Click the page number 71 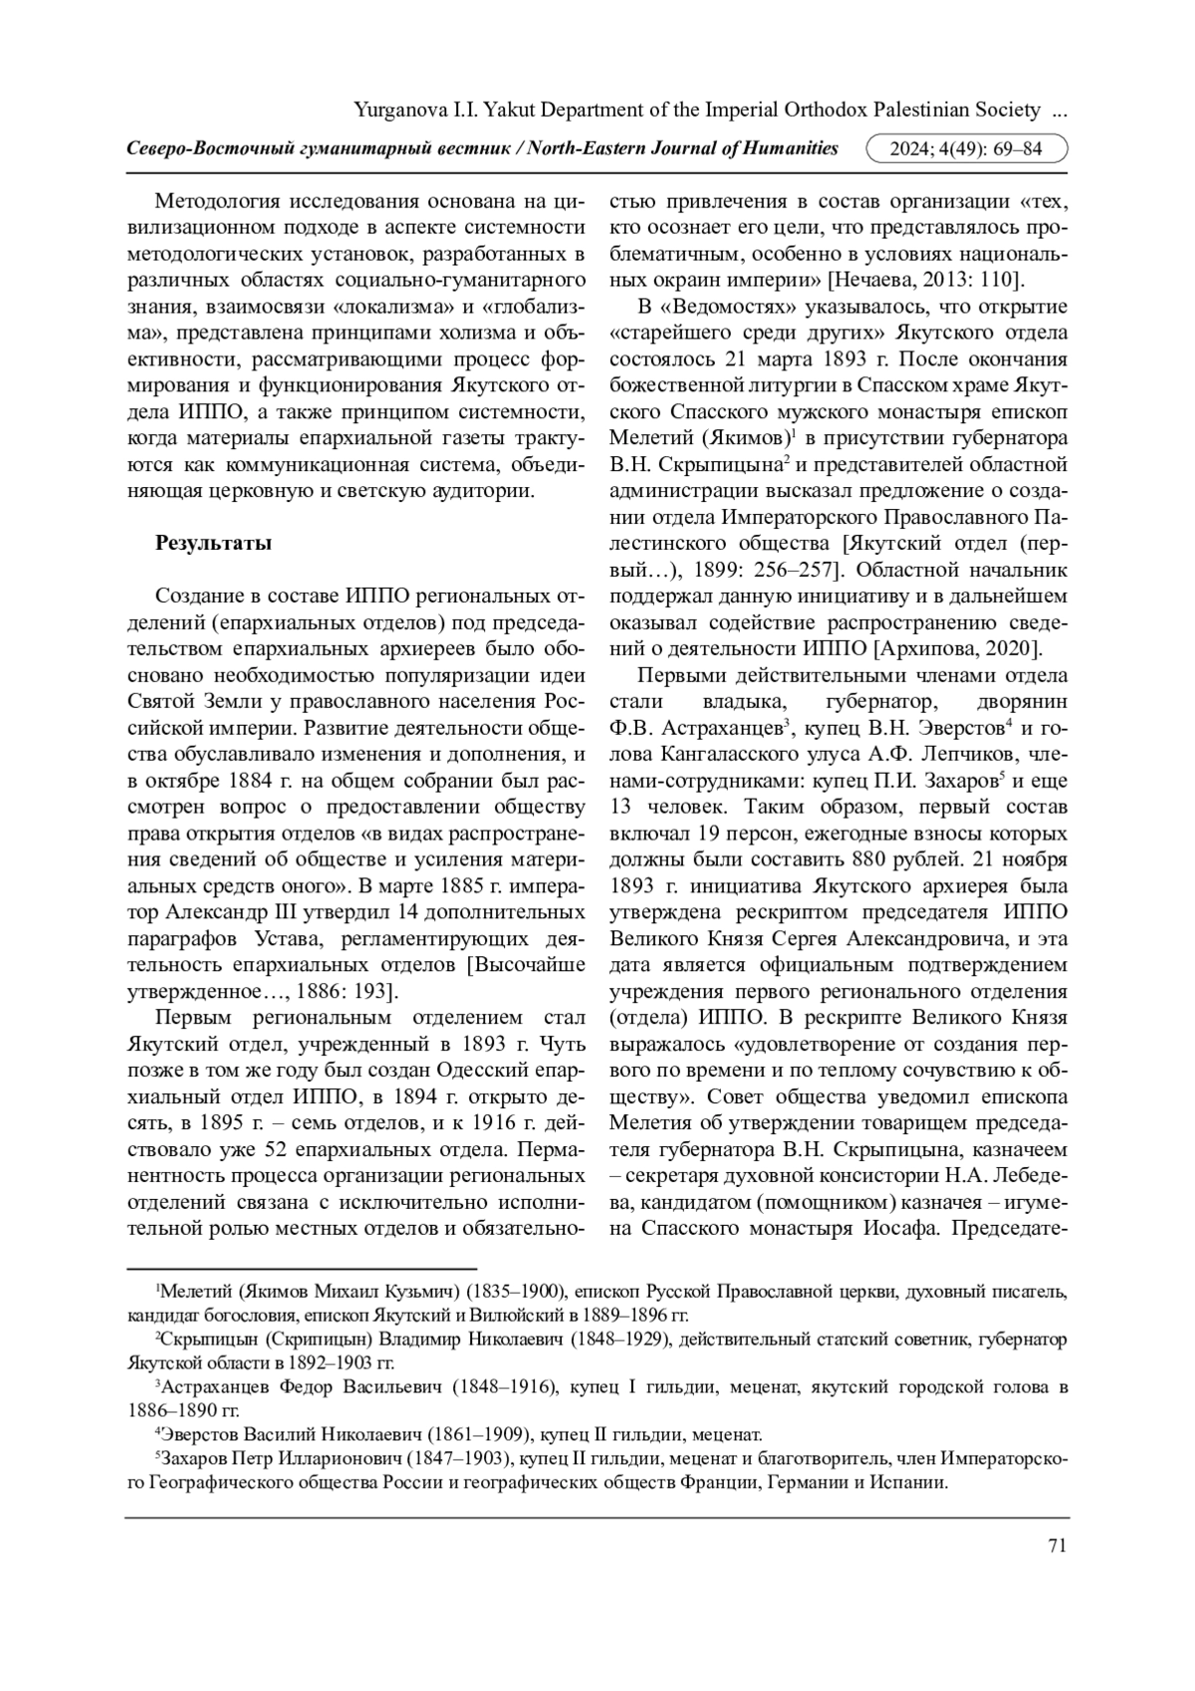tap(1058, 1545)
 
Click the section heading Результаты tap(212, 543)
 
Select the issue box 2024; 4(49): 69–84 tap(967, 149)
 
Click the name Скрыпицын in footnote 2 tap(216, 1339)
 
